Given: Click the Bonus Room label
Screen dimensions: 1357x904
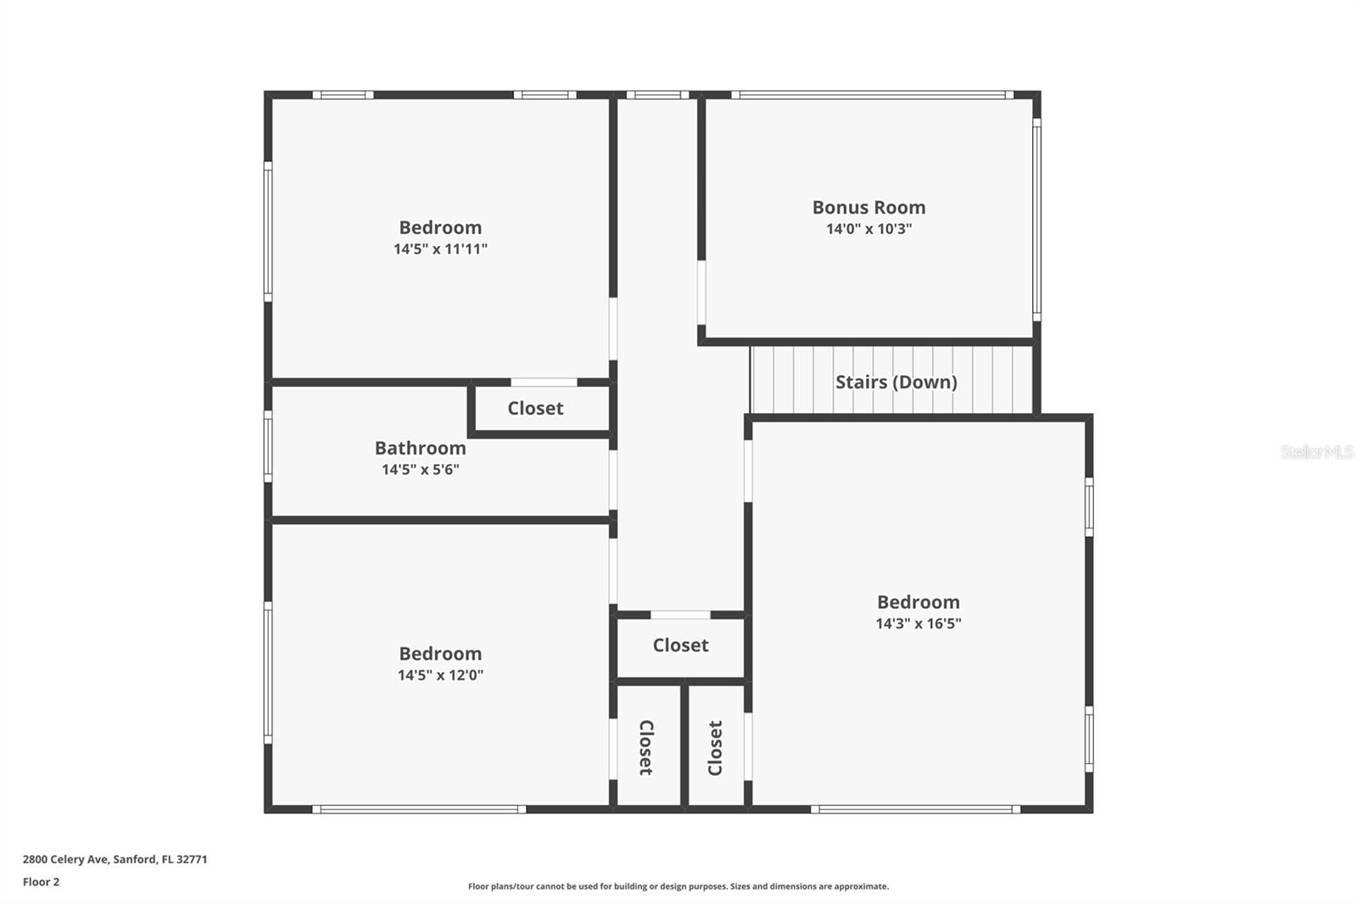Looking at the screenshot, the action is pyautogui.click(x=868, y=207).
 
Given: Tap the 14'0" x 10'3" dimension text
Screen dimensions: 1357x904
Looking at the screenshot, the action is pyautogui.click(x=868, y=228).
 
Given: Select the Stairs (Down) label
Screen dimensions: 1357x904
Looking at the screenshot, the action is pyautogui.click(x=896, y=382).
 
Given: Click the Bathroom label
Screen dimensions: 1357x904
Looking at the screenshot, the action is pyautogui.click(x=421, y=448).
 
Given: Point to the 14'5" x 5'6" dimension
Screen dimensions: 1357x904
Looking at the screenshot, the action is pyautogui.click(x=421, y=469).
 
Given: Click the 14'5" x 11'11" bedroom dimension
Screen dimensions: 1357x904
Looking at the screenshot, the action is pyautogui.click(x=440, y=248).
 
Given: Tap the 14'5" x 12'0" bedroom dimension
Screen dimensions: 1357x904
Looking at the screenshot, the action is pyautogui.click(x=440, y=674).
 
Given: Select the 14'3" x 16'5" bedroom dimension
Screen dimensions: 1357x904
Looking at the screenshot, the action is pyautogui.click(x=919, y=622).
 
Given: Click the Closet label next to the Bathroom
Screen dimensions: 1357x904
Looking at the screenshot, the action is pyautogui.click(x=535, y=408).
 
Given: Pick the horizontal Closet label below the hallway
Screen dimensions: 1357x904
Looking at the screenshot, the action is pyautogui.click(x=680, y=645).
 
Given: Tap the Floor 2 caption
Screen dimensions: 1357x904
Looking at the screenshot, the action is pyautogui.click(x=42, y=882).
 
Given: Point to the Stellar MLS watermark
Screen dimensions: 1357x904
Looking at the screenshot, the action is pyautogui.click(x=1317, y=451).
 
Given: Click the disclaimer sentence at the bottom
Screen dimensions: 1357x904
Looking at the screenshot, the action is pyautogui.click(x=678, y=886).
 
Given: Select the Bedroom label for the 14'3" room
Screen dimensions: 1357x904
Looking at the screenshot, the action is pyautogui.click(x=919, y=601).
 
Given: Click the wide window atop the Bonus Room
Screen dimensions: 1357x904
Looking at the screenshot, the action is pyautogui.click(x=873, y=94).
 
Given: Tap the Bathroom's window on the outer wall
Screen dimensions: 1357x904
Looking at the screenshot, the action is pyautogui.click(x=268, y=447).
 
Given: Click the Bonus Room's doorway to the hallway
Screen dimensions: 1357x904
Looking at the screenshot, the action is pyautogui.click(x=701, y=293).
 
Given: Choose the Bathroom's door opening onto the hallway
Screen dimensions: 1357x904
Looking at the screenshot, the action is pyautogui.click(x=613, y=480).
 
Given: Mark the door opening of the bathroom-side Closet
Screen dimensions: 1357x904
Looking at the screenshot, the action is pyautogui.click(x=544, y=382).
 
